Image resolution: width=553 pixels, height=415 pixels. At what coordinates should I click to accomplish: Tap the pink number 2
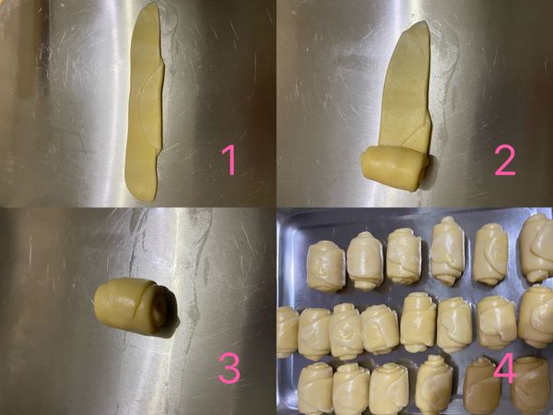[504, 161]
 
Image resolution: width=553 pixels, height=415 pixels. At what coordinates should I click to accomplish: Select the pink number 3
[229, 368]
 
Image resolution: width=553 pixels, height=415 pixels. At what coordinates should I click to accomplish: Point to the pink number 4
[503, 370]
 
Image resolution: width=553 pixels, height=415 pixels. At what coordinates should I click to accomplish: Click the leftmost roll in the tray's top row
[325, 266]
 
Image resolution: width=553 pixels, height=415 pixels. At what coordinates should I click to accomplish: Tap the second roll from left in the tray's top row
[365, 260]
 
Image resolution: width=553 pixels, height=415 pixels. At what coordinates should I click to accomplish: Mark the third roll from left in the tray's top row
[404, 255]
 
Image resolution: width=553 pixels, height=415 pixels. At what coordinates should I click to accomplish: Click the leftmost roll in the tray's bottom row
[315, 388]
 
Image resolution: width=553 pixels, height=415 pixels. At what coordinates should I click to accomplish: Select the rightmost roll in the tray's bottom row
[530, 385]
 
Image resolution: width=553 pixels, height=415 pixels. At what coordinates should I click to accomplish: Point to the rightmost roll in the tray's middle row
[535, 315]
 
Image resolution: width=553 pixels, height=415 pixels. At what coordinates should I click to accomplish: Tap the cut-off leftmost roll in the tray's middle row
[287, 331]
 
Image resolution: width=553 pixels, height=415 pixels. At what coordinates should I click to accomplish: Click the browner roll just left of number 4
[480, 385]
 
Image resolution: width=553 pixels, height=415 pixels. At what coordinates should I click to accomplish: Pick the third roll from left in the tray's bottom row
[388, 388]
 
